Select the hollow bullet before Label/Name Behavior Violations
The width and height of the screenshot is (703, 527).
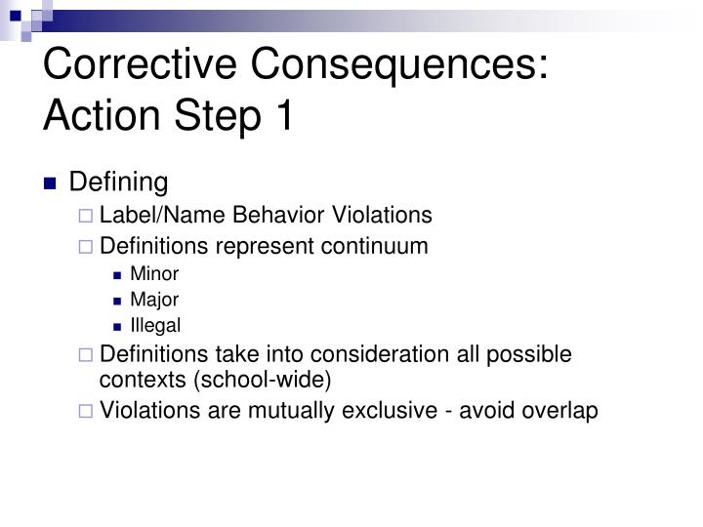89,216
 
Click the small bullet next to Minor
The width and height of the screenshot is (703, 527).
118,274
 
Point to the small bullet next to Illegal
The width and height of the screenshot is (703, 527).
118,326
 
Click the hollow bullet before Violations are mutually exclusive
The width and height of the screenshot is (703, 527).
89,412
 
